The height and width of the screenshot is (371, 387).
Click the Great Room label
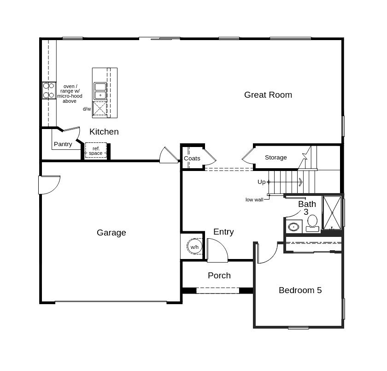click(268, 95)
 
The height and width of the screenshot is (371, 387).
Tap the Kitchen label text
click(104, 132)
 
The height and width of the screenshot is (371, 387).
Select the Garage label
click(111, 233)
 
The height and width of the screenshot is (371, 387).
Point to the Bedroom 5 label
click(300, 290)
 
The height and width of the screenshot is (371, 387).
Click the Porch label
click(219, 276)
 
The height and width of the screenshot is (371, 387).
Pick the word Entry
click(223, 232)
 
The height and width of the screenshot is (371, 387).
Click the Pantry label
click(63, 144)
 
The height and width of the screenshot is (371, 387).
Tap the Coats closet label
click(192, 159)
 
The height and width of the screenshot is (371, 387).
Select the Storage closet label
click(276, 158)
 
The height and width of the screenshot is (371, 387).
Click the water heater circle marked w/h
click(194, 247)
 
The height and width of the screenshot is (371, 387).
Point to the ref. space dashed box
click(96, 151)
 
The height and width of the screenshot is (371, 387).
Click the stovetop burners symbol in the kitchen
click(48, 90)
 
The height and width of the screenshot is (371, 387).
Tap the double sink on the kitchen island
click(100, 91)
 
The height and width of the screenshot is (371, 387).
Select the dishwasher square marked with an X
click(100, 109)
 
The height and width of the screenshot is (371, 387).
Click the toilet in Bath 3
click(312, 222)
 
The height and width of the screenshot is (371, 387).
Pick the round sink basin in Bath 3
click(293, 227)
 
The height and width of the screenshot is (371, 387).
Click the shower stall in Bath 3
click(332, 213)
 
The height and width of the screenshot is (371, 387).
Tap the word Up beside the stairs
click(261, 182)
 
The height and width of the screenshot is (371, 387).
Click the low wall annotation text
click(254, 200)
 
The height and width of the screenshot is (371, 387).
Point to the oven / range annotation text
click(70, 94)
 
